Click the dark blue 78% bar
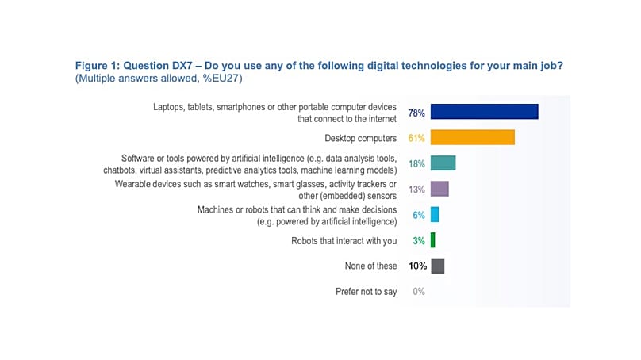[485, 112]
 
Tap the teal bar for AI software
[443, 163]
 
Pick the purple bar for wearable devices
[439, 189]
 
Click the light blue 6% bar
[435, 215]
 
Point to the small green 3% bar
[433, 240]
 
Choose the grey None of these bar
[437, 266]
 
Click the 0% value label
[419, 292]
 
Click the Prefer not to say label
[366, 292]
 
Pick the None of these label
[370, 266]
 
